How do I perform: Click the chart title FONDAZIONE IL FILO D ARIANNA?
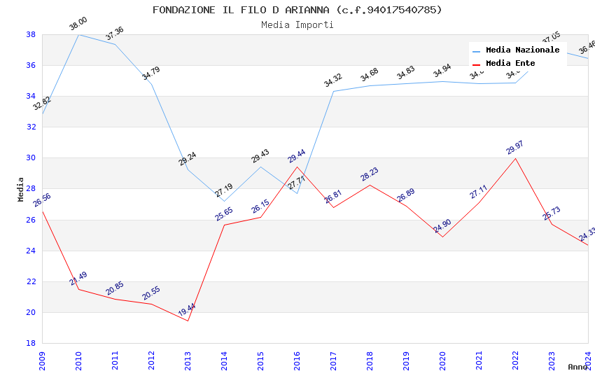297,10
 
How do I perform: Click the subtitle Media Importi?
297,24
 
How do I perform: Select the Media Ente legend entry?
510,63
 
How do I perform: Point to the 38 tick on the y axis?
31,34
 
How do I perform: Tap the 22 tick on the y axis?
31,281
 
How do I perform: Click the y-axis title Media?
20,189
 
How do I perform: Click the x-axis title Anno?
577,367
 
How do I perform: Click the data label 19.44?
187,309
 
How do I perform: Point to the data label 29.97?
514,148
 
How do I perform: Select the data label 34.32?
333,81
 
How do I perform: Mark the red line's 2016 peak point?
297,166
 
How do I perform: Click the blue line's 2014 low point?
224,201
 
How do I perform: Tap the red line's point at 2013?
188,321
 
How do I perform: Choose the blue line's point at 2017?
333,91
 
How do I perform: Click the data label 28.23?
370,174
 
